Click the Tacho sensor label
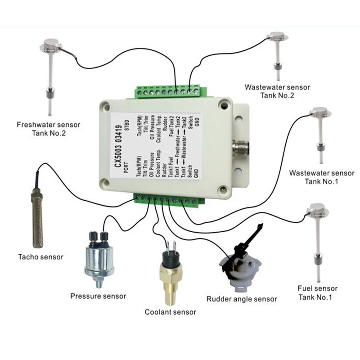pos(40,257)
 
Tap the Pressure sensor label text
pos(98,296)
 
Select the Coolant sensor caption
pos(171,312)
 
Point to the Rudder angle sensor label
pos(242,299)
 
